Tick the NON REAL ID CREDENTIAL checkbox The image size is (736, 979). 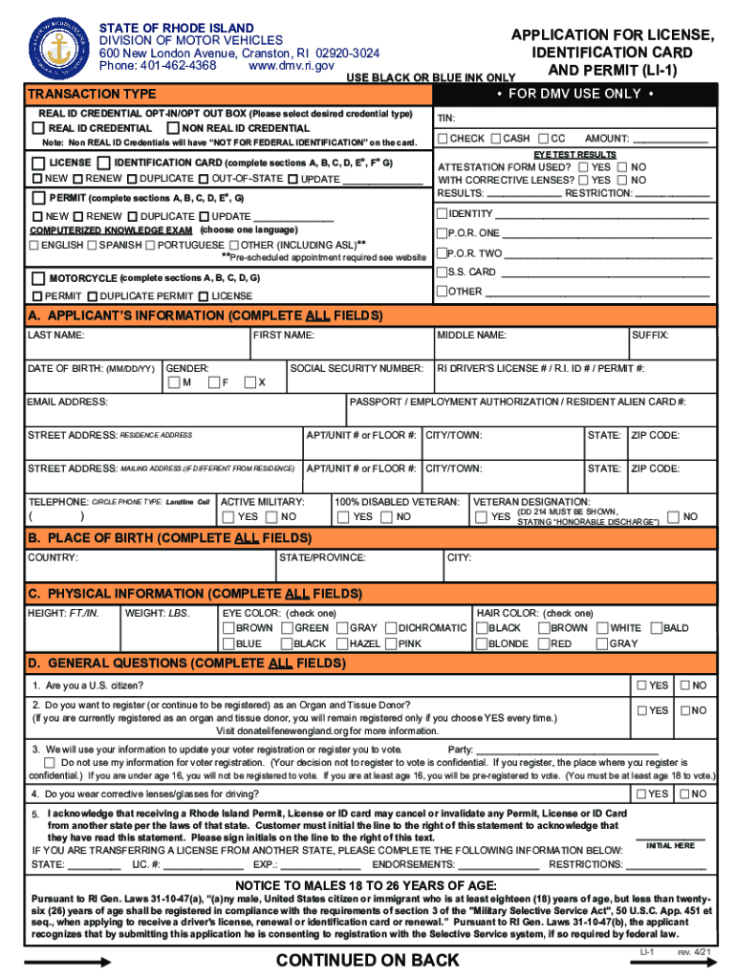pos(173,128)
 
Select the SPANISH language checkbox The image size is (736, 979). pos(92,246)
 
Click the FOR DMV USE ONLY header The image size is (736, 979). pos(574,94)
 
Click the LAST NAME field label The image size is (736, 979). pos(55,336)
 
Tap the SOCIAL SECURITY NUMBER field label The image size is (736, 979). pos(357,368)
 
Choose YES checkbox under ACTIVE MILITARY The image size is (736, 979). pos(228,517)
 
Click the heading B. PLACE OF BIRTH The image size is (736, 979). pos(170,538)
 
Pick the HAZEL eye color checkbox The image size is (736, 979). pos(341,644)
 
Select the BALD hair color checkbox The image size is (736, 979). pos(657,628)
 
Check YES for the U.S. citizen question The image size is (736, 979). pos(641,685)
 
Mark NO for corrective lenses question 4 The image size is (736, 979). pos(684,794)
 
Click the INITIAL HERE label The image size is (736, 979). pos(670,845)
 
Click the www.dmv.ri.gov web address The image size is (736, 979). pos(291,66)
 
